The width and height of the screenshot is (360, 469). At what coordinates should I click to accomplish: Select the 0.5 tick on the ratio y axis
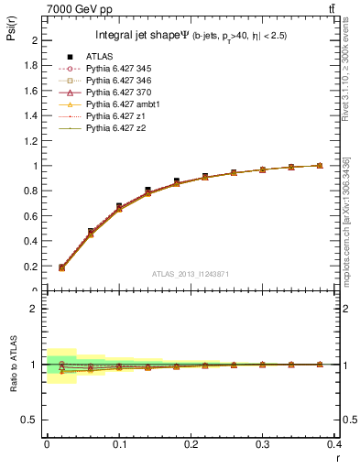(x=31, y=420)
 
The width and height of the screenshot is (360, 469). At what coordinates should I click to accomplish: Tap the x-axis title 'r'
(x=338, y=457)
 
